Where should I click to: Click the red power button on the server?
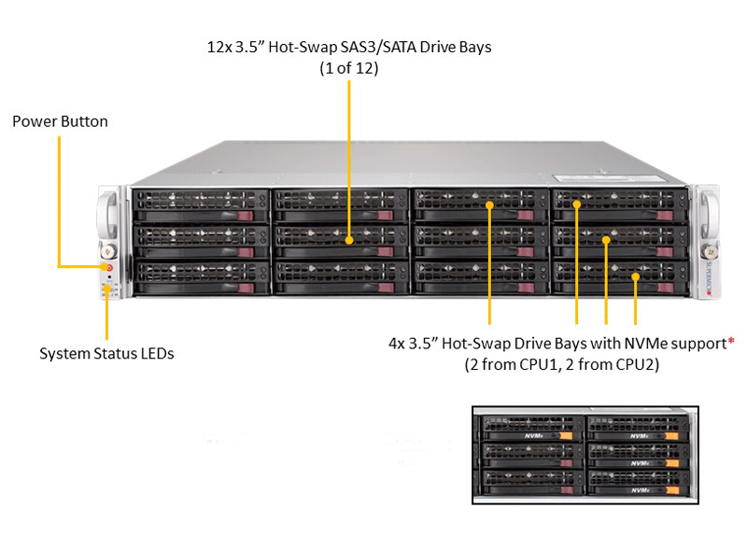click(x=109, y=267)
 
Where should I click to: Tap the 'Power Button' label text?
click(x=60, y=121)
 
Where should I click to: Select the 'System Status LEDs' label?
click(x=106, y=354)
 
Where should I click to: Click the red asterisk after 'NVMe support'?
click(x=731, y=341)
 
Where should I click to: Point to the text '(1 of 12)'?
click(x=349, y=68)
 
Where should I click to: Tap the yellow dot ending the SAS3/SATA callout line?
click(x=349, y=241)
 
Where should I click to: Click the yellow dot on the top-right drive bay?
click(x=576, y=205)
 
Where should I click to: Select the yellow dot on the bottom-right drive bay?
click(x=636, y=276)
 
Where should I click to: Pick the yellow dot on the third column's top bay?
click(x=489, y=205)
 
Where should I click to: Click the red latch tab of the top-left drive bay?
click(x=246, y=216)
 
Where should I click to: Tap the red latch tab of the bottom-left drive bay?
click(x=246, y=288)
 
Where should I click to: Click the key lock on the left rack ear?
click(x=109, y=250)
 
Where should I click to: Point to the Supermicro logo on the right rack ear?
click(x=709, y=277)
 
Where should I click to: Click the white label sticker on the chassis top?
click(x=609, y=178)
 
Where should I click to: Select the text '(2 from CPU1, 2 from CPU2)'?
click(x=562, y=364)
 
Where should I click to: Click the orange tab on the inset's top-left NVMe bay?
click(x=566, y=435)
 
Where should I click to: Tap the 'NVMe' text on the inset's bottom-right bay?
click(x=640, y=490)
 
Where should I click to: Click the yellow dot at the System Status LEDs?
click(x=106, y=289)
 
